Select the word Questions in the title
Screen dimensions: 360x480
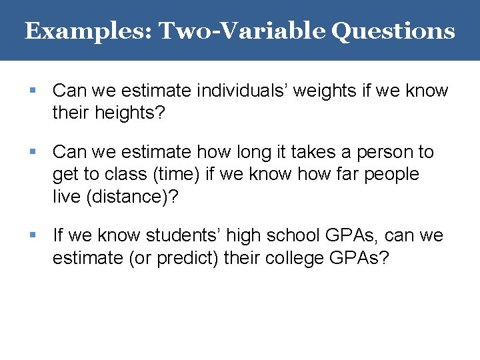click(393, 31)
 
